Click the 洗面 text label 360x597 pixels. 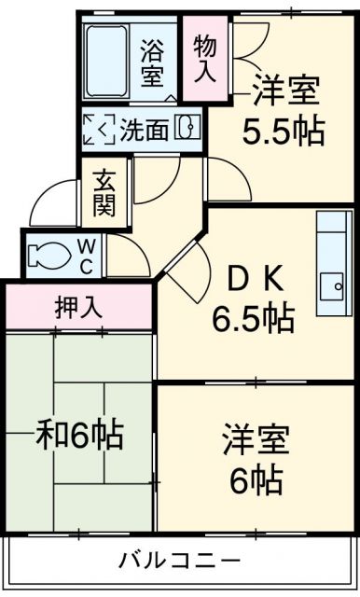(144, 130)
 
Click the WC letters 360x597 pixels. (86, 255)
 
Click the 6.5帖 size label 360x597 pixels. (252, 319)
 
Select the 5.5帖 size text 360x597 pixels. (284, 132)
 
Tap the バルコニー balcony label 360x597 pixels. (180, 561)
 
